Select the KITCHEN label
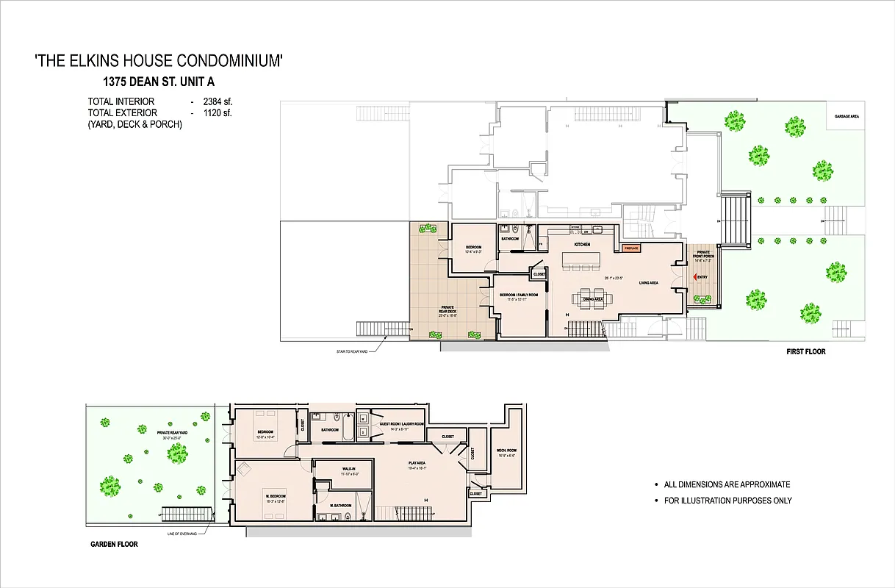pyautogui.click(x=582, y=244)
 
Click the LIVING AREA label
pyautogui.click(x=648, y=282)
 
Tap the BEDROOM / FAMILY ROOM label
pyautogui.click(x=519, y=295)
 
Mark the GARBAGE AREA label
pyautogui.click(x=847, y=116)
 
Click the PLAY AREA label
pyautogui.click(x=418, y=463)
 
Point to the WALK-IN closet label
pyautogui.click(x=349, y=468)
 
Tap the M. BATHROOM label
pyautogui.click(x=339, y=506)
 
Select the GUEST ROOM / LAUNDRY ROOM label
pyautogui.click(x=401, y=424)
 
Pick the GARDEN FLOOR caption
pyautogui.click(x=114, y=545)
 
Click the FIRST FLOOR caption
pyautogui.click(x=805, y=352)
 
